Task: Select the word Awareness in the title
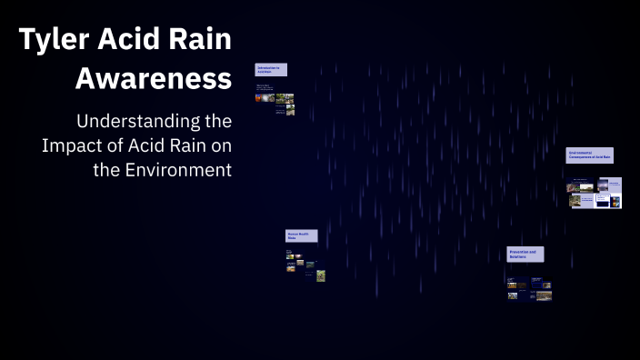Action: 153,79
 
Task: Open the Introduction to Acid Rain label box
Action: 271,69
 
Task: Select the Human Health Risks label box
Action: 301,235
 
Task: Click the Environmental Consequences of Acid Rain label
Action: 589,155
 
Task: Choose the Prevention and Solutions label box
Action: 525,255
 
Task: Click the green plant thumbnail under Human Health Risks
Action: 321,275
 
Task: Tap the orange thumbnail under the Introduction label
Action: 259,98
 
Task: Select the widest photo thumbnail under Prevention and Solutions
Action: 543,295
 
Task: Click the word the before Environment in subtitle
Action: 107,170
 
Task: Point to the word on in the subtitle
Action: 221,145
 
